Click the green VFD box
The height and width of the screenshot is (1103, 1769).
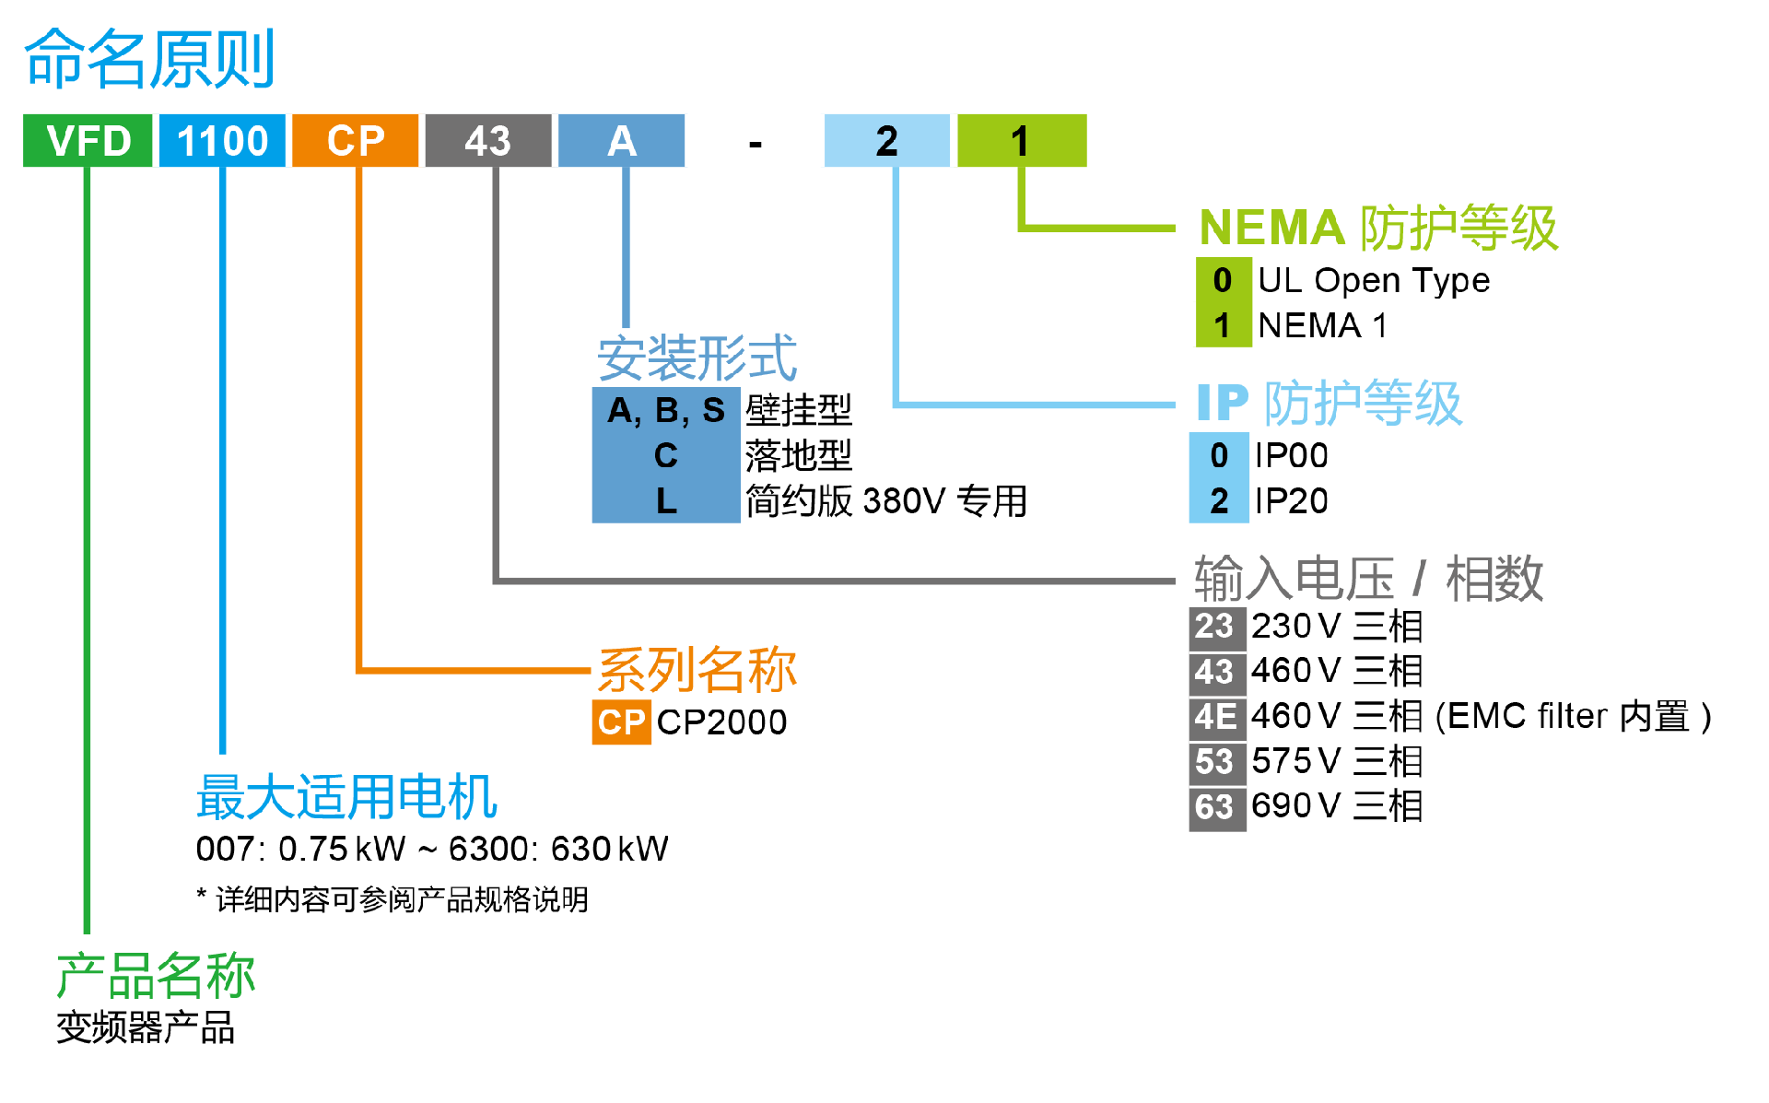point(88,141)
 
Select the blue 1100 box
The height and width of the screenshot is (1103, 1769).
point(222,141)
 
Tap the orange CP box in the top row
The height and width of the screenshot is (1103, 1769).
point(356,141)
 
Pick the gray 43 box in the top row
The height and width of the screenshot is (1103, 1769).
point(488,141)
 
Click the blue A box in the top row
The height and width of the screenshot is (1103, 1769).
point(622,141)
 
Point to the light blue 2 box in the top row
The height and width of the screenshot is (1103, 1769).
point(886,141)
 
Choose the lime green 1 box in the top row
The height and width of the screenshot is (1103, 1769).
point(1021,141)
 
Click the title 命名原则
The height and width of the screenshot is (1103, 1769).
point(149,59)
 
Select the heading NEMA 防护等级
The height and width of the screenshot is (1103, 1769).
point(1378,228)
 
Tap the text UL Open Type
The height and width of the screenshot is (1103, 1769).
point(1373,280)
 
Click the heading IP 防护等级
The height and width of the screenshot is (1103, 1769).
point(1329,403)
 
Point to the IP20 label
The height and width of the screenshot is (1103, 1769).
point(1291,501)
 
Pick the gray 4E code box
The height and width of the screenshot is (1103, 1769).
point(1216,717)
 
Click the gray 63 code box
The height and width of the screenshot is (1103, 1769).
point(1216,807)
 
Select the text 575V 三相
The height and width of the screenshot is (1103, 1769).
point(1337,762)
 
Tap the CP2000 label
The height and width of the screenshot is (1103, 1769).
point(721,722)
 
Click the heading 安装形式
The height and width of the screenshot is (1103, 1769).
point(697,358)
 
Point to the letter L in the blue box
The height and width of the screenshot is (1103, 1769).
point(666,501)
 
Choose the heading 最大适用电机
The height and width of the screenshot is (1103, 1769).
point(346,797)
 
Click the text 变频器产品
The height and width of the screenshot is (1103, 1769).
point(146,1027)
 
